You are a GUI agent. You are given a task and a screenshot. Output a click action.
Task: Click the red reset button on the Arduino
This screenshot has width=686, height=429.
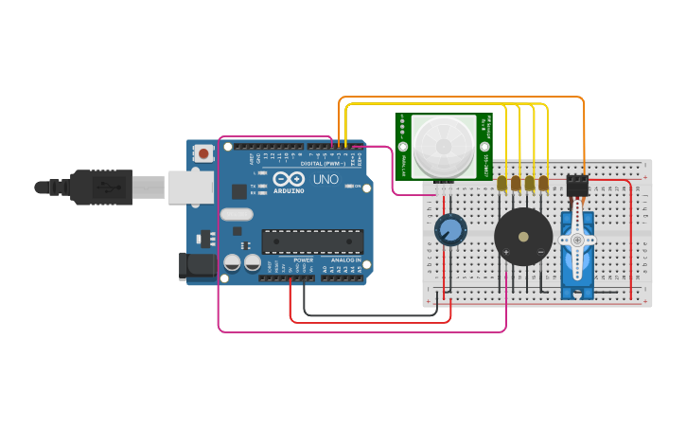pyautogui.click(x=203, y=152)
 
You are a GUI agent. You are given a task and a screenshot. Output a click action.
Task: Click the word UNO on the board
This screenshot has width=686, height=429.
pyautogui.click(x=325, y=179)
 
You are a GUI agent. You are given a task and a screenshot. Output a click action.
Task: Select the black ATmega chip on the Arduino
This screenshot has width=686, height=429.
pyautogui.click(x=312, y=241)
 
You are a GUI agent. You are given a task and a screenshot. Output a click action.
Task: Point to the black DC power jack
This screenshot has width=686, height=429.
pyautogui.click(x=194, y=267)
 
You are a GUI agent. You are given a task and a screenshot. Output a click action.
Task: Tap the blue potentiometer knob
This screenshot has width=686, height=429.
pyautogui.click(x=450, y=228)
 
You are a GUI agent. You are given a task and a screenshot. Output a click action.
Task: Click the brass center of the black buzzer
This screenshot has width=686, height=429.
pyautogui.click(x=522, y=237)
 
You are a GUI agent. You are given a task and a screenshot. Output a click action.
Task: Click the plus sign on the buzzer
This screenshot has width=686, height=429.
pyautogui.click(x=506, y=251)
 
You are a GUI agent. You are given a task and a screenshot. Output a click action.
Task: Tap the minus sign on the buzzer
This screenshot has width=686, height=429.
pyautogui.click(x=540, y=251)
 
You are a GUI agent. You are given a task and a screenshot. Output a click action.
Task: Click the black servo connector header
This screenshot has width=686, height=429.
pyautogui.click(x=576, y=186)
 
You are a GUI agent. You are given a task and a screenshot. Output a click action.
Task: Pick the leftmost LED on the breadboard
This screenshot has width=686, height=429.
pyautogui.click(x=502, y=182)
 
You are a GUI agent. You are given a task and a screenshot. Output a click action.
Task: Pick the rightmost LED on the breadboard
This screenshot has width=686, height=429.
pyautogui.click(x=543, y=182)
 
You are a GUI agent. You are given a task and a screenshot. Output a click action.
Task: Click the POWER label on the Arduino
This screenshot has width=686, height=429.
pyautogui.click(x=303, y=259)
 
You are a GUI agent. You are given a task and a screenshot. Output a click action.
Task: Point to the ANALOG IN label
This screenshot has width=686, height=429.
pyautogui.click(x=345, y=259)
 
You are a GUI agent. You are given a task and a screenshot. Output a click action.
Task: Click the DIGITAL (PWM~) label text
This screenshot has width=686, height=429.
pyautogui.click(x=322, y=163)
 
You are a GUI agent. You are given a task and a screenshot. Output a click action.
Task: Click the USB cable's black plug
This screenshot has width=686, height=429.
pyautogui.click(x=99, y=187)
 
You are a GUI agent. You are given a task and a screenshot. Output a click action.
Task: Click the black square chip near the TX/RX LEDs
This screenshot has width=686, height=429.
pyautogui.click(x=238, y=190)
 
